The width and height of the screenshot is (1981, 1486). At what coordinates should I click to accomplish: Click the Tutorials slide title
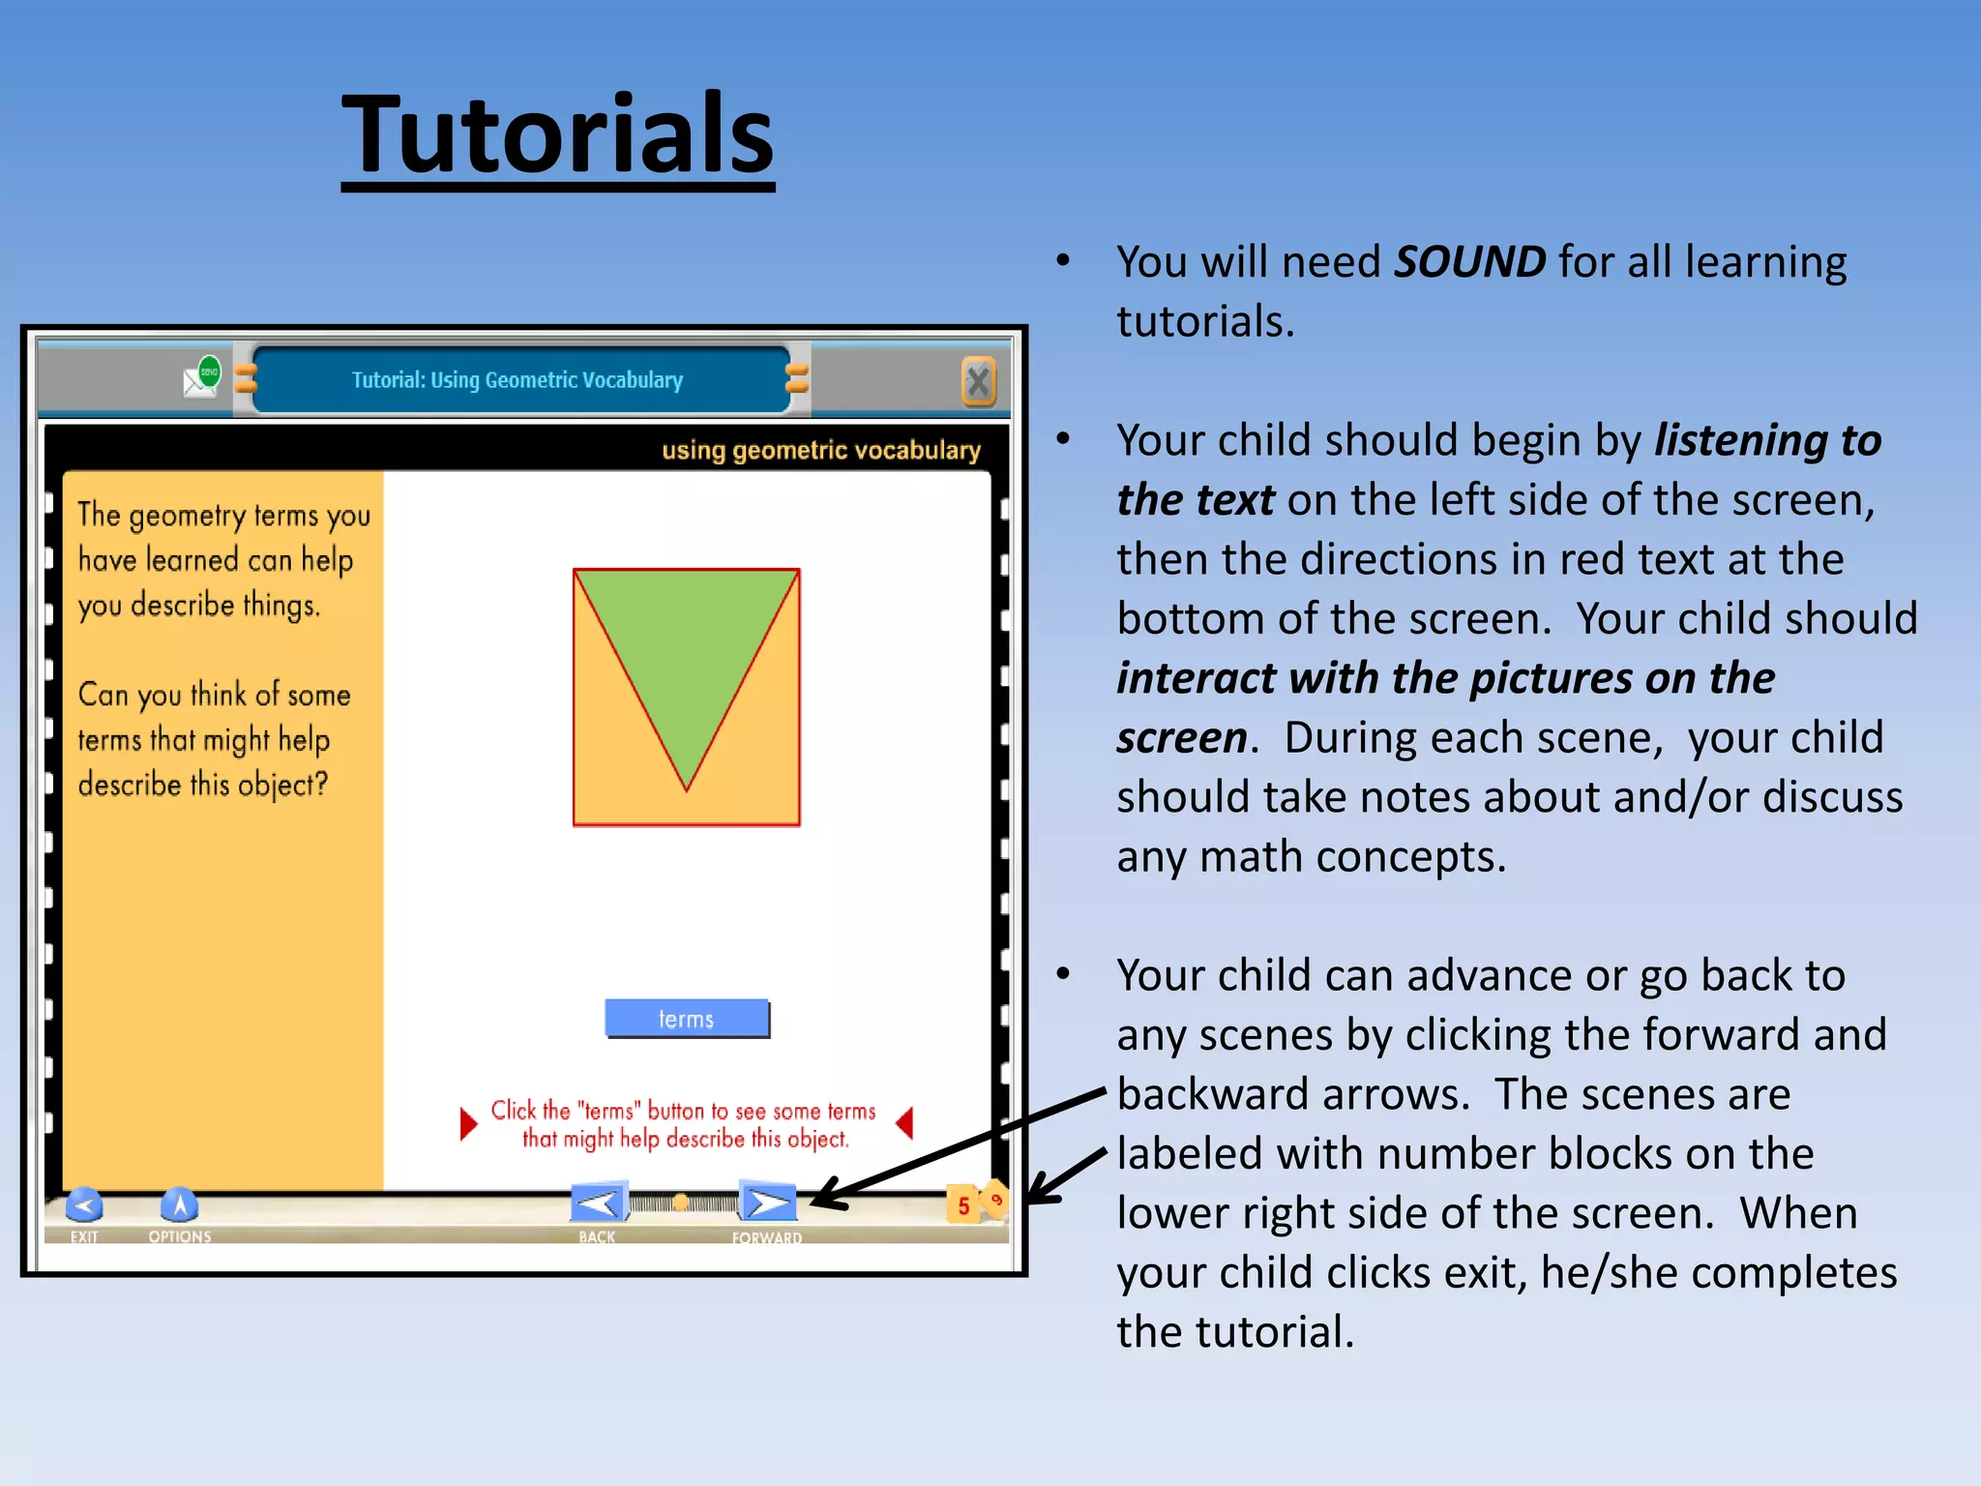558,135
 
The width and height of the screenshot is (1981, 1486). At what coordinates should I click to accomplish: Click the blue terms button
687,1019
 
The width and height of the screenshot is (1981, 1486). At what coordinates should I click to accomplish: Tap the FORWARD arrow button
768,1204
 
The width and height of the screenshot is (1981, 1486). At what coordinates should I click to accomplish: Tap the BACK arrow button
598,1204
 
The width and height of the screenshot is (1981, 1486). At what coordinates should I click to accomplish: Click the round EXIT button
84,1205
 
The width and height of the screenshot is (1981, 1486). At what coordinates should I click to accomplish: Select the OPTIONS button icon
179,1205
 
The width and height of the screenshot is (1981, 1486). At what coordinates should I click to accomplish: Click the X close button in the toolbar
978,381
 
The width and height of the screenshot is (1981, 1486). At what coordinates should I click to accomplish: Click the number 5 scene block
962,1205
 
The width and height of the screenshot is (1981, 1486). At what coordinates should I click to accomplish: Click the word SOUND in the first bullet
1469,262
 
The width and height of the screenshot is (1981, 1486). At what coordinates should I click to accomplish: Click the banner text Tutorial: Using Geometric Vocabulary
517,380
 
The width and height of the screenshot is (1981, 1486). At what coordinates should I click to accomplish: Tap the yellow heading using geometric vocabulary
820,450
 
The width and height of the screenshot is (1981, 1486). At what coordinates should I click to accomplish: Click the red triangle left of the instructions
468,1124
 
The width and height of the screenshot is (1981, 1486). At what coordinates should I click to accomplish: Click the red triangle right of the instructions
905,1124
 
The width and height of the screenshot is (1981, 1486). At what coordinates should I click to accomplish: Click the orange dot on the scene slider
681,1203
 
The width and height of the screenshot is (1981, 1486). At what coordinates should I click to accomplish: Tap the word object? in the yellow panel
282,785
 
